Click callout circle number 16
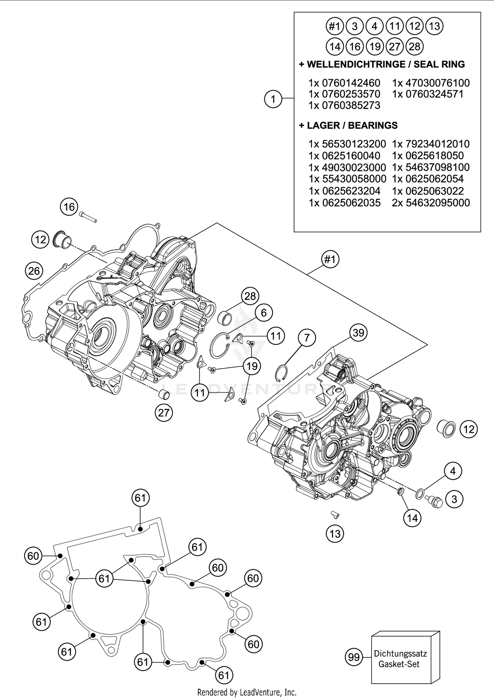[69, 207]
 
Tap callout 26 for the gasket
[34, 271]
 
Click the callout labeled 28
[250, 296]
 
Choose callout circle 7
[307, 338]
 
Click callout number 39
[358, 333]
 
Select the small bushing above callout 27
[164, 394]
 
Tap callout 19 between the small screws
[252, 366]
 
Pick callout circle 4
[453, 471]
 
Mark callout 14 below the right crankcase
[412, 518]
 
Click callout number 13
[335, 533]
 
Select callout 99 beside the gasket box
[354, 657]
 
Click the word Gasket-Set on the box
[399, 664]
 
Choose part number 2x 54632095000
[431, 202]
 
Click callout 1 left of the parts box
[273, 99]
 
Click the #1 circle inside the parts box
[335, 26]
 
